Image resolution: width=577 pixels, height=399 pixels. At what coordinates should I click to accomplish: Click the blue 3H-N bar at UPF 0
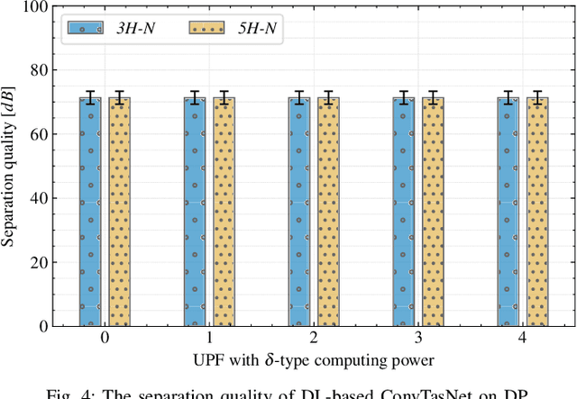(x=90, y=212)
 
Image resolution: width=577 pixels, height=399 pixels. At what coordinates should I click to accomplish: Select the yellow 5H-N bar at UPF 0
(x=120, y=212)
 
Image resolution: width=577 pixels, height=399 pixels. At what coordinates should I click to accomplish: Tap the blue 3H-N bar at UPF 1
(x=195, y=212)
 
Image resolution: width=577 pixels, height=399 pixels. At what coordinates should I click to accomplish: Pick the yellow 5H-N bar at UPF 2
(x=329, y=212)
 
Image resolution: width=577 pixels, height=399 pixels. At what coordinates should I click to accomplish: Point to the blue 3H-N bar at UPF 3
(x=403, y=212)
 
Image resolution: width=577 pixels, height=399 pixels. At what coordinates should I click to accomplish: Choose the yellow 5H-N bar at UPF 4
(x=537, y=212)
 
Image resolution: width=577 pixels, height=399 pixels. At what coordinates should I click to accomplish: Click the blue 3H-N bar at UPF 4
(x=508, y=212)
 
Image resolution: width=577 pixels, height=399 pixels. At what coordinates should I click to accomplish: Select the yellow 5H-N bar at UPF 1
(x=224, y=212)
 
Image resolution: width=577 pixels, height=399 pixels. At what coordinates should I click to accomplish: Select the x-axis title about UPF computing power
(x=314, y=361)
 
